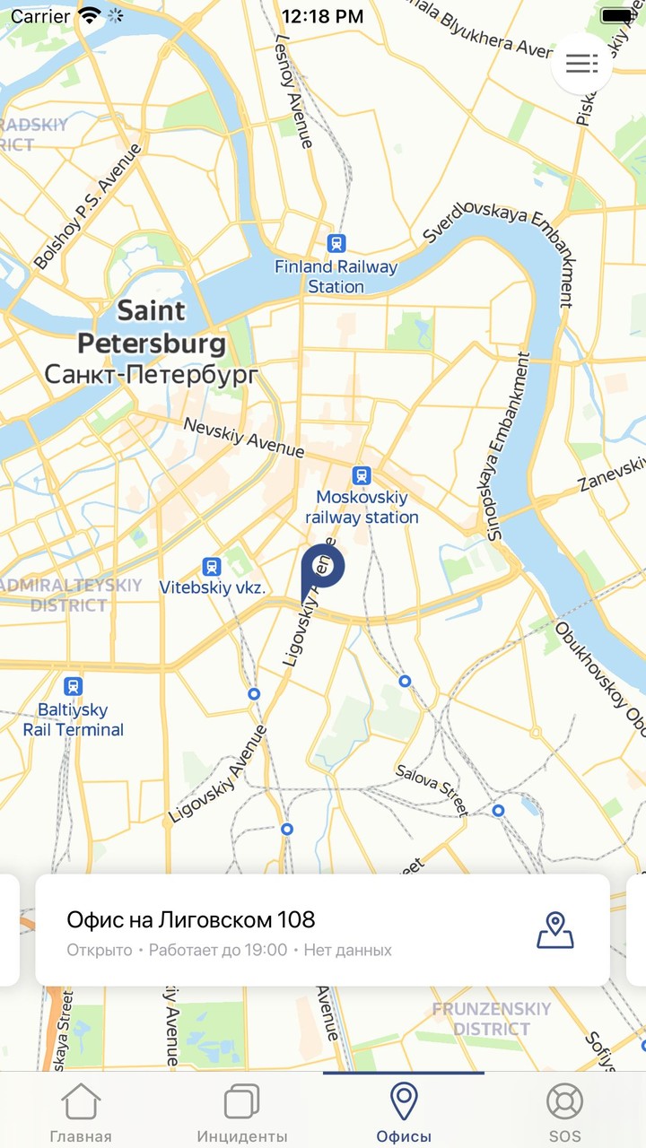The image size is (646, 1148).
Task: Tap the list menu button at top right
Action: (581, 64)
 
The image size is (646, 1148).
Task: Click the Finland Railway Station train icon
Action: (336, 243)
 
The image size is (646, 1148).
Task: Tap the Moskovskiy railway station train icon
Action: (362, 474)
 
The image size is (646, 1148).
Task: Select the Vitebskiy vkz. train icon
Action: (212, 566)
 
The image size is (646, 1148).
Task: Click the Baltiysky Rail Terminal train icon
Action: (74, 687)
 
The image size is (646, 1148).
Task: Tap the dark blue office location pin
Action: (322, 568)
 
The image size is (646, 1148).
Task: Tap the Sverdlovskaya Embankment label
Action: (502, 235)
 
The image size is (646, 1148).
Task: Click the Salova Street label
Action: (432, 790)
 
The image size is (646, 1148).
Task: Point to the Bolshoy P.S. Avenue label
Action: (88, 208)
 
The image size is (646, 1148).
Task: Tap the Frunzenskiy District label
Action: (491, 1019)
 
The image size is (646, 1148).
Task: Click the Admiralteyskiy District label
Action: (70, 596)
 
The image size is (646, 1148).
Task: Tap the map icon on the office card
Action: (555, 930)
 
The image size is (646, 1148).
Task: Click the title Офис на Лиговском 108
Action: (191, 919)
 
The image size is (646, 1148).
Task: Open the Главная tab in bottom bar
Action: (81, 1112)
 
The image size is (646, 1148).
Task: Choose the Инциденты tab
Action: (242, 1112)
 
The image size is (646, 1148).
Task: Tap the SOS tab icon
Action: (565, 1103)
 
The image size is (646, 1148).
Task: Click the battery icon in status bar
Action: (617, 16)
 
